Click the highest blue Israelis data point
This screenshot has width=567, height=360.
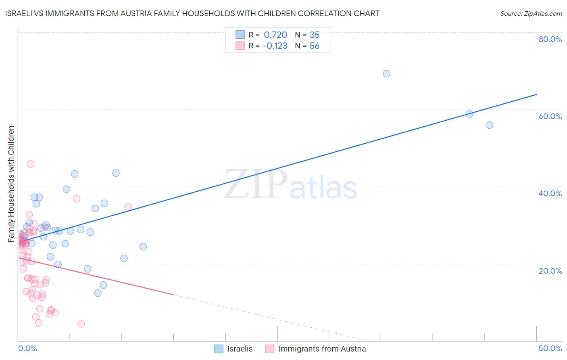(386, 73)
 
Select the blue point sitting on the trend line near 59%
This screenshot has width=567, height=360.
(469, 114)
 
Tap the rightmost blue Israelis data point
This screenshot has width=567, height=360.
(489, 125)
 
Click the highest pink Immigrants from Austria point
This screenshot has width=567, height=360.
(31, 164)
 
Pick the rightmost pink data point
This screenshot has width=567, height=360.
(128, 207)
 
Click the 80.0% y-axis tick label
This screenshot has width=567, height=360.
(550, 39)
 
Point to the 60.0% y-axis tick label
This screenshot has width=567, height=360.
(550, 116)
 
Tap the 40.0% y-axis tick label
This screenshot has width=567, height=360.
(550, 193)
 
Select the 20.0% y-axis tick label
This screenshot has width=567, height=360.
(550, 270)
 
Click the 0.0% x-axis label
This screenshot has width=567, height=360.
(27, 348)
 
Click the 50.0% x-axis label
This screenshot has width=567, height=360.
(550, 348)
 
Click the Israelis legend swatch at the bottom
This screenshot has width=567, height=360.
(219, 349)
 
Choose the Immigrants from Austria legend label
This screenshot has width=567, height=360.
(322, 349)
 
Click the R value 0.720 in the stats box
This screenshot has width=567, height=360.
(275, 35)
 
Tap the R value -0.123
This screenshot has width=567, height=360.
(275, 46)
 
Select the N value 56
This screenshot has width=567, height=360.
(315, 46)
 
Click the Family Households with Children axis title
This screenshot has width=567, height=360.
(11, 184)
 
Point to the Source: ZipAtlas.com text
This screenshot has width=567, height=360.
(531, 14)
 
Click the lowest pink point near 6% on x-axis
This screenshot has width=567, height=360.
(81, 324)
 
